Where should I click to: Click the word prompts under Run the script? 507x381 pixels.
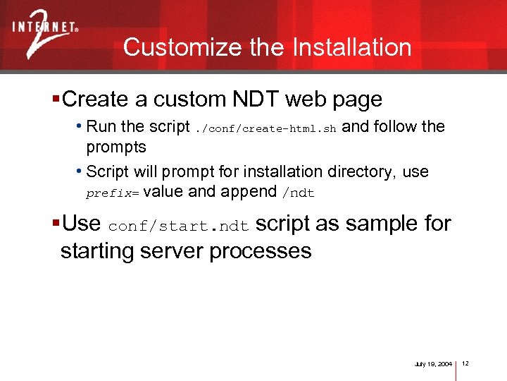[116, 147]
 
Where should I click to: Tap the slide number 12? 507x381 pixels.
[465, 363]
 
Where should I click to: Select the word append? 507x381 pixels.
[250, 192]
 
